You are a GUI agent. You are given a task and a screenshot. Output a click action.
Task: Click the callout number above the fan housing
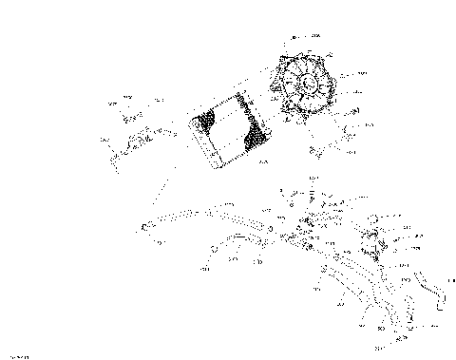point(315,34)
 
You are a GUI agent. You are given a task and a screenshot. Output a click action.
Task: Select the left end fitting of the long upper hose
point(145,226)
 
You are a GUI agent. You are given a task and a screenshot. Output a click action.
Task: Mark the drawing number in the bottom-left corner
point(18,353)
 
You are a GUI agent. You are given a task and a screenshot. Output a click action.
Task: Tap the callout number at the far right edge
point(439,275)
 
